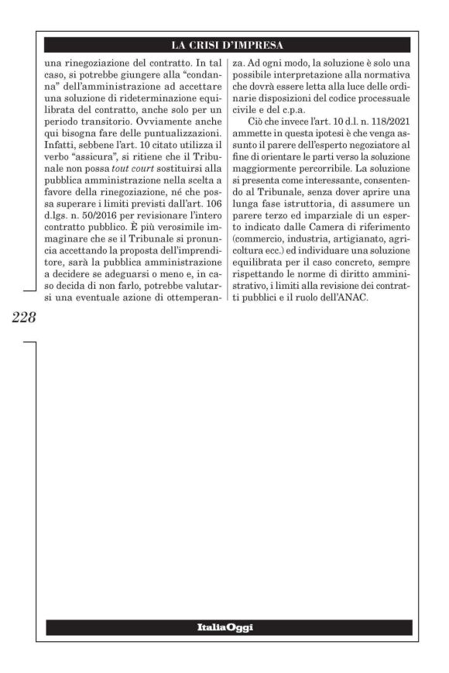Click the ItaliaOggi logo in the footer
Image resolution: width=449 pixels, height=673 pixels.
pyautogui.click(x=228, y=627)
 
